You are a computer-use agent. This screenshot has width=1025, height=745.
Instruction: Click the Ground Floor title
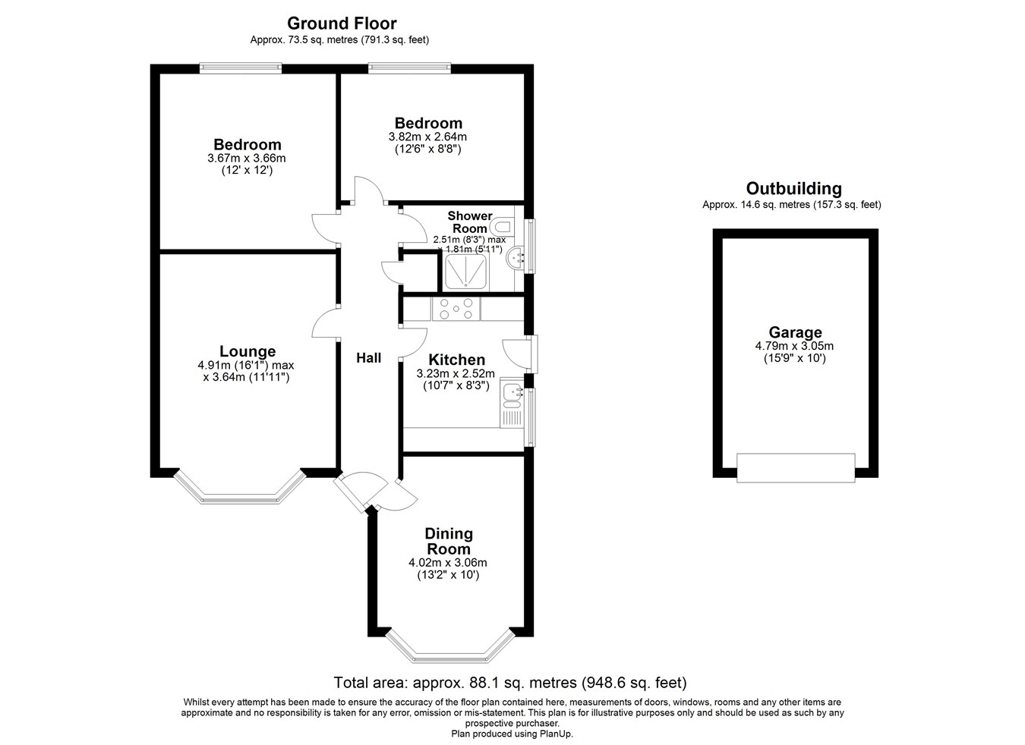pos(341,24)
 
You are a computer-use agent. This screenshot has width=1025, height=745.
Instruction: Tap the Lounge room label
pos(247,351)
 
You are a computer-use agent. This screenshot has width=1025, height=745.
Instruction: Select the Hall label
pos(369,358)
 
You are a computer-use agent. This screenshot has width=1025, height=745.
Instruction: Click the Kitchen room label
pos(456,360)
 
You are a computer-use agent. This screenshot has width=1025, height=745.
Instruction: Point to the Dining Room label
pos(448,541)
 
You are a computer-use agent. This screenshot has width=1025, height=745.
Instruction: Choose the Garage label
pos(795,332)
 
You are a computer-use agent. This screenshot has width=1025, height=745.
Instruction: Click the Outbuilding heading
pos(793,189)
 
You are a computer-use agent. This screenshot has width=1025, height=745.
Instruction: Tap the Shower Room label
pos(469,222)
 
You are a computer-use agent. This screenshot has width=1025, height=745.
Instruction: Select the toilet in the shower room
pos(503,226)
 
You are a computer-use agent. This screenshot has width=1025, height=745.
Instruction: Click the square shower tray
pos(465,272)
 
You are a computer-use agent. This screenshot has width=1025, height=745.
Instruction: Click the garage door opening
pos(796,467)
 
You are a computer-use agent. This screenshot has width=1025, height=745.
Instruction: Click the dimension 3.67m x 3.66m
pos(246,159)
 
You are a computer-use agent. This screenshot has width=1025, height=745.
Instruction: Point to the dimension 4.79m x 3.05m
pos(794,346)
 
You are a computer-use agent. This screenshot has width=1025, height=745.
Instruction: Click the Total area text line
pos(510,683)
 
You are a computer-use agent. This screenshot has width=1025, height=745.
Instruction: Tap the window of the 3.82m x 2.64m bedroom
pos(409,68)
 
